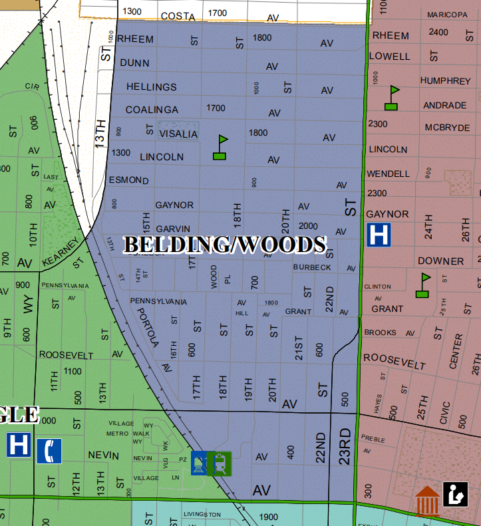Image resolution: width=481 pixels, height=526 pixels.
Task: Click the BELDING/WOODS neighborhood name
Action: point(225,245)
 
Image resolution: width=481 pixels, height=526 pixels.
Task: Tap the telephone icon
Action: point(49,451)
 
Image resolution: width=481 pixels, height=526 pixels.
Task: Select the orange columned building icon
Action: point(426,501)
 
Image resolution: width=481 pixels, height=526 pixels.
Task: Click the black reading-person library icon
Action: point(455,493)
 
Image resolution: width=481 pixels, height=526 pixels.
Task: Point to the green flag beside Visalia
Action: point(220,148)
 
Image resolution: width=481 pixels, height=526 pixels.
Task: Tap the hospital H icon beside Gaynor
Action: point(379,234)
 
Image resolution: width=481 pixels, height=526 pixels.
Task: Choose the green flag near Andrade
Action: point(393,98)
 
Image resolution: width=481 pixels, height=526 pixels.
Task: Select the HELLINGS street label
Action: point(152,87)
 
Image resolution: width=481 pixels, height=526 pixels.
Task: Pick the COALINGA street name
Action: point(152,110)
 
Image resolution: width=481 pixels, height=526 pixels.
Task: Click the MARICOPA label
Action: point(447,15)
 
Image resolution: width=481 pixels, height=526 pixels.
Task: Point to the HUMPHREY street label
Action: point(445,80)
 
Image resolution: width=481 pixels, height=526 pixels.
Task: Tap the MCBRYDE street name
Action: point(448,128)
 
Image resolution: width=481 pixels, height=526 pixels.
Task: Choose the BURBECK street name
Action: point(312,267)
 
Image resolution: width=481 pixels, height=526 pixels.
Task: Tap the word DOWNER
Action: point(440,261)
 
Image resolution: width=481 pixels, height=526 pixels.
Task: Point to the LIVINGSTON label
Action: point(202,515)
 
